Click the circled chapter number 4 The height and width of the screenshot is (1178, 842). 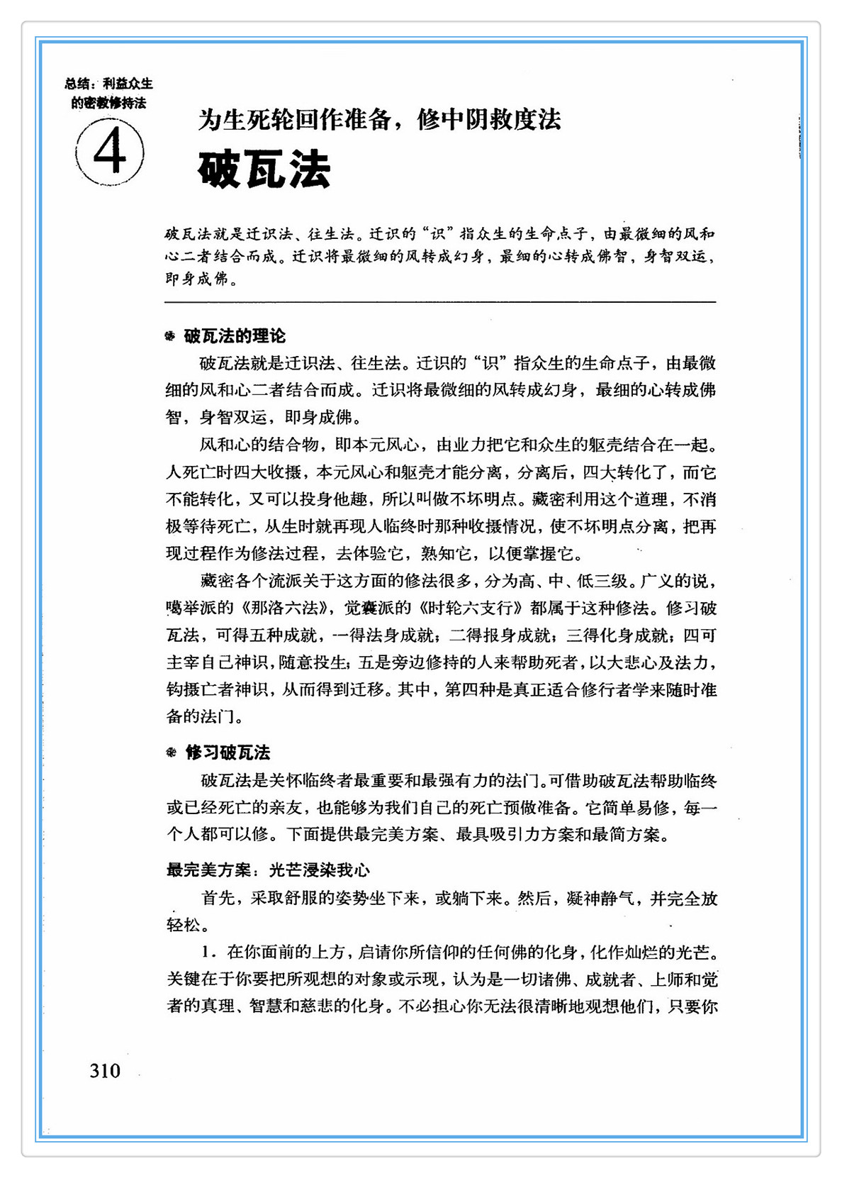(110, 152)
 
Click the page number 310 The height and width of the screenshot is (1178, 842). (105, 1070)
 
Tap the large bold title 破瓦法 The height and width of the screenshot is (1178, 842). (264, 170)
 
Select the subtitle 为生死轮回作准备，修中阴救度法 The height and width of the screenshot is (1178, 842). (379, 119)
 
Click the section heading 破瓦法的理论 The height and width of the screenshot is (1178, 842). (235, 336)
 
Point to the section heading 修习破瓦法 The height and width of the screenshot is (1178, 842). (228, 752)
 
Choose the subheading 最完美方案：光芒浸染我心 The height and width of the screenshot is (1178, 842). (268, 870)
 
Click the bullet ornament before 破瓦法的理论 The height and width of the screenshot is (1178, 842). (170, 336)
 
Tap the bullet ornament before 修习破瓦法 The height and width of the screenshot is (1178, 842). (171, 752)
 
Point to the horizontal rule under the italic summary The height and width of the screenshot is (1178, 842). (439, 303)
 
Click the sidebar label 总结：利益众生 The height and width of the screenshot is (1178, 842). (108, 84)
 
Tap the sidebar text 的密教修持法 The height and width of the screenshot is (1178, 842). (108, 103)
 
